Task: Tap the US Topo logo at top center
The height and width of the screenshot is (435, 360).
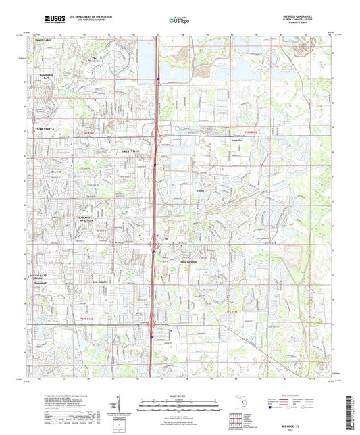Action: pyautogui.click(x=179, y=20)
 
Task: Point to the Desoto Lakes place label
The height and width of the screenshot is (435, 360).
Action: pyautogui.click(x=45, y=41)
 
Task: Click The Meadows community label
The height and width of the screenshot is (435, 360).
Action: pyautogui.click(x=98, y=60)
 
